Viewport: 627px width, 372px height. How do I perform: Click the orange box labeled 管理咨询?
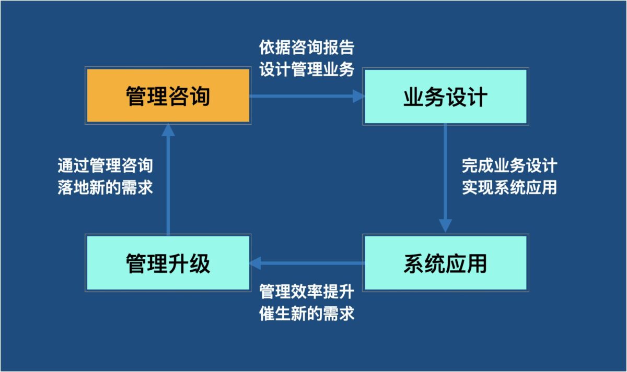[168, 95]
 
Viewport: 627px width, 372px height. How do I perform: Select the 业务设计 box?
[446, 97]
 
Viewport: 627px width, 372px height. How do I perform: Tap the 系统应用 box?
[446, 263]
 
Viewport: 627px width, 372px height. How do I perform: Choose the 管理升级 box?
[168, 263]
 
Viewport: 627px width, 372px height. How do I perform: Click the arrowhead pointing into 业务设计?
[359, 97]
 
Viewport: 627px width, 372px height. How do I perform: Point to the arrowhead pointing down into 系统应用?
[445, 226]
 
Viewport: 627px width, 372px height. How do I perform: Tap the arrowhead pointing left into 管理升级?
[255, 263]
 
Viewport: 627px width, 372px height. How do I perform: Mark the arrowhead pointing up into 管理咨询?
[168, 130]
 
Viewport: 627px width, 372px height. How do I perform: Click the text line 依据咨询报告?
[307, 47]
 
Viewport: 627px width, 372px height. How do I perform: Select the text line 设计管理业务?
[307, 69]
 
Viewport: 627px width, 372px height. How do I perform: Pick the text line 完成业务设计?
[509, 165]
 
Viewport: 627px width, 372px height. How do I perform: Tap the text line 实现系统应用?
[509, 187]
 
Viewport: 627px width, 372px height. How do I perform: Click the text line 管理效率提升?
[307, 292]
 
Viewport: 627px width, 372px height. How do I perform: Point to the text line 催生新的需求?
[307, 314]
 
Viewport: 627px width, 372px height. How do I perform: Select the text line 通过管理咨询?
[105, 165]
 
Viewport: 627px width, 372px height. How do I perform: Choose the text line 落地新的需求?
[105, 187]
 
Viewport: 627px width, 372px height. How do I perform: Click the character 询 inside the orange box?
[200, 96]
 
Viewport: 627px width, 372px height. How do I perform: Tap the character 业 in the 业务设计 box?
[414, 97]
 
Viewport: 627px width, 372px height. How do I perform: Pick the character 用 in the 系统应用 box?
[477, 263]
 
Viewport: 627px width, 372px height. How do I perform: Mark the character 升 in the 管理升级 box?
[179, 263]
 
